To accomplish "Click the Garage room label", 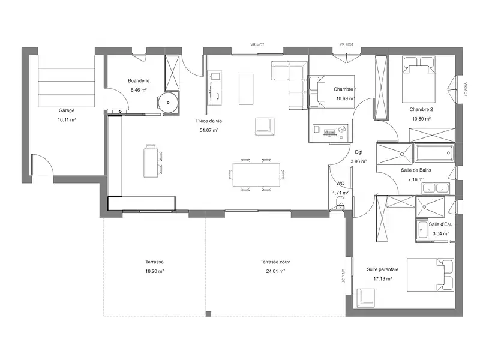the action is (x=67, y=110).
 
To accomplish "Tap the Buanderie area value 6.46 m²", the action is (x=139, y=90).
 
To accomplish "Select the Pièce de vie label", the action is (x=209, y=121).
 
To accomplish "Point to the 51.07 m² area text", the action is (x=209, y=130).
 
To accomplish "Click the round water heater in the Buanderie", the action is (x=168, y=103).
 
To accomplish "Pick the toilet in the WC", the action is (x=340, y=203).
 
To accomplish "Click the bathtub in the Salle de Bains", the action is (x=434, y=153).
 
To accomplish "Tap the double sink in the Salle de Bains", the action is (x=436, y=188).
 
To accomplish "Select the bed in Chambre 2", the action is (x=419, y=79).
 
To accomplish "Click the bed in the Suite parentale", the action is (x=430, y=275).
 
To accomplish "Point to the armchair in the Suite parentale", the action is (x=365, y=298).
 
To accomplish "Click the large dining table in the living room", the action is (x=257, y=174).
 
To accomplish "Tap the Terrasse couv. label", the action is (x=275, y=262).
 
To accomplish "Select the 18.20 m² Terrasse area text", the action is (x=155, y=271).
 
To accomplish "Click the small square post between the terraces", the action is (x=208, y=314).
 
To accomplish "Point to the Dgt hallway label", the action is (x=359, y=152).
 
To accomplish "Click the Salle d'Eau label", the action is (x=440, y=224).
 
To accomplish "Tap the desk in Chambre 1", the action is (x=331, y=131).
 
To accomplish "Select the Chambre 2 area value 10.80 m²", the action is (x=422, y=119).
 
